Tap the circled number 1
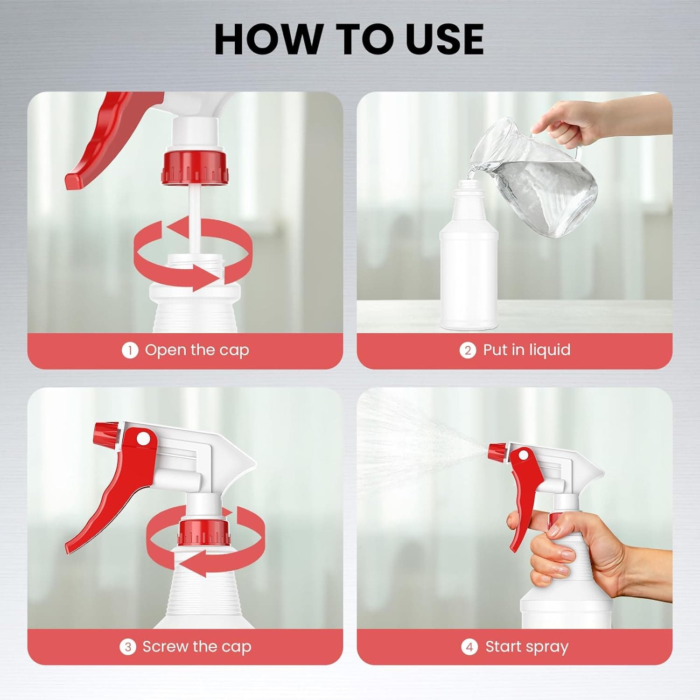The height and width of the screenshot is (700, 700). click(130, 350)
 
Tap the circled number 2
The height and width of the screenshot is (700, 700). click(468, 350)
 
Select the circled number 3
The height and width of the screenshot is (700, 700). click(128, 647)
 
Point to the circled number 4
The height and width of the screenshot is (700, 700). click(469, 647)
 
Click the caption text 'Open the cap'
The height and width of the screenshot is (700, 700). click(197, 350)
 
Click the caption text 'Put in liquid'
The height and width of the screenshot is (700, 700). click(526, 350)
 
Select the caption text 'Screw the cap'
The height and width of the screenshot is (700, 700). click(196, 647)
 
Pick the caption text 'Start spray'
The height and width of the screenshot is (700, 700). click(527, 647)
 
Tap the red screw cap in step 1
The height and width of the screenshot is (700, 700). click(196, 167)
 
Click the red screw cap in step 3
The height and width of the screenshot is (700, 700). click(205, 533)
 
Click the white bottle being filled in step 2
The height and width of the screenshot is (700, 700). click(469, 254)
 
